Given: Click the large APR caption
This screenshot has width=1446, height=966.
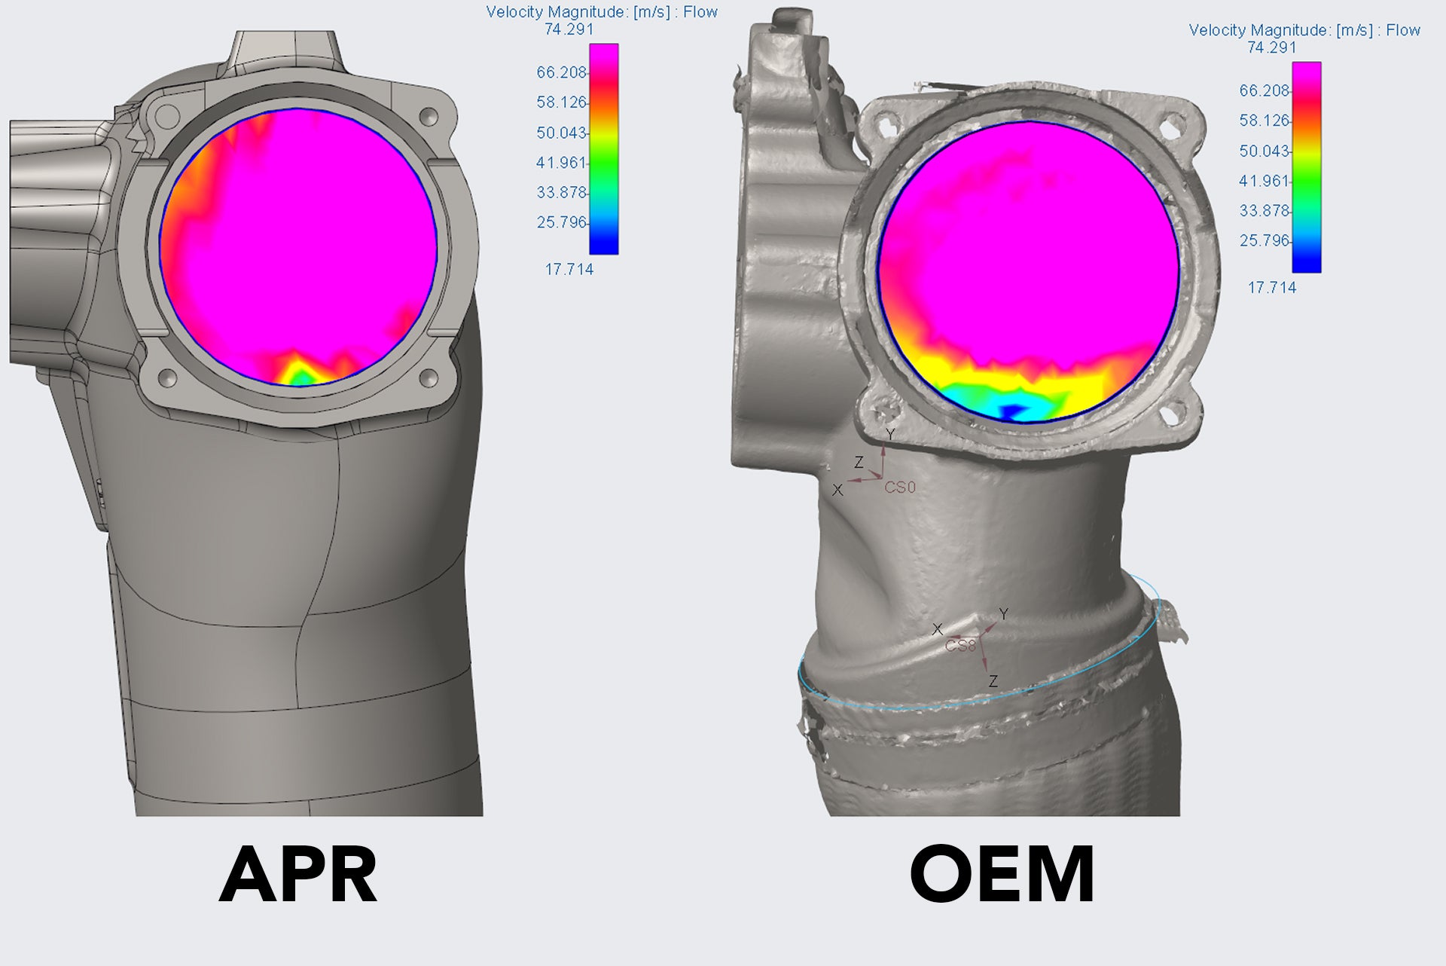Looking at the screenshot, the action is click(298, 874).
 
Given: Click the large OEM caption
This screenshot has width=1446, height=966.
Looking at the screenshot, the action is click(1002, 874).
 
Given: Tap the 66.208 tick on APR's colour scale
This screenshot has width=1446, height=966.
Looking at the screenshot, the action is click(561, 72).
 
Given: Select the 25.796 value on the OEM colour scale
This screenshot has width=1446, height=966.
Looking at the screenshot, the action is click(1264, 241).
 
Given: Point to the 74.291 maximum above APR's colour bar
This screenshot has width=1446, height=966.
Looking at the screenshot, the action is click(569, 29).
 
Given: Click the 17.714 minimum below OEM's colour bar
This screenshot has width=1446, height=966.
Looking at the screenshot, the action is click(1272, 287).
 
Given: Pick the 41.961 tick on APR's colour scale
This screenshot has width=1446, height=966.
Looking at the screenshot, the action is click(561, 163).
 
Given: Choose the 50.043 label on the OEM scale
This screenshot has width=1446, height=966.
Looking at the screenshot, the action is click(1264, 151).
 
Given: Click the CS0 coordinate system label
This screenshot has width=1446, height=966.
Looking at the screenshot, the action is click(900, 488).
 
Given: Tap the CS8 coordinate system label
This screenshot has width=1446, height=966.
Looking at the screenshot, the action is click(960, 646).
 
